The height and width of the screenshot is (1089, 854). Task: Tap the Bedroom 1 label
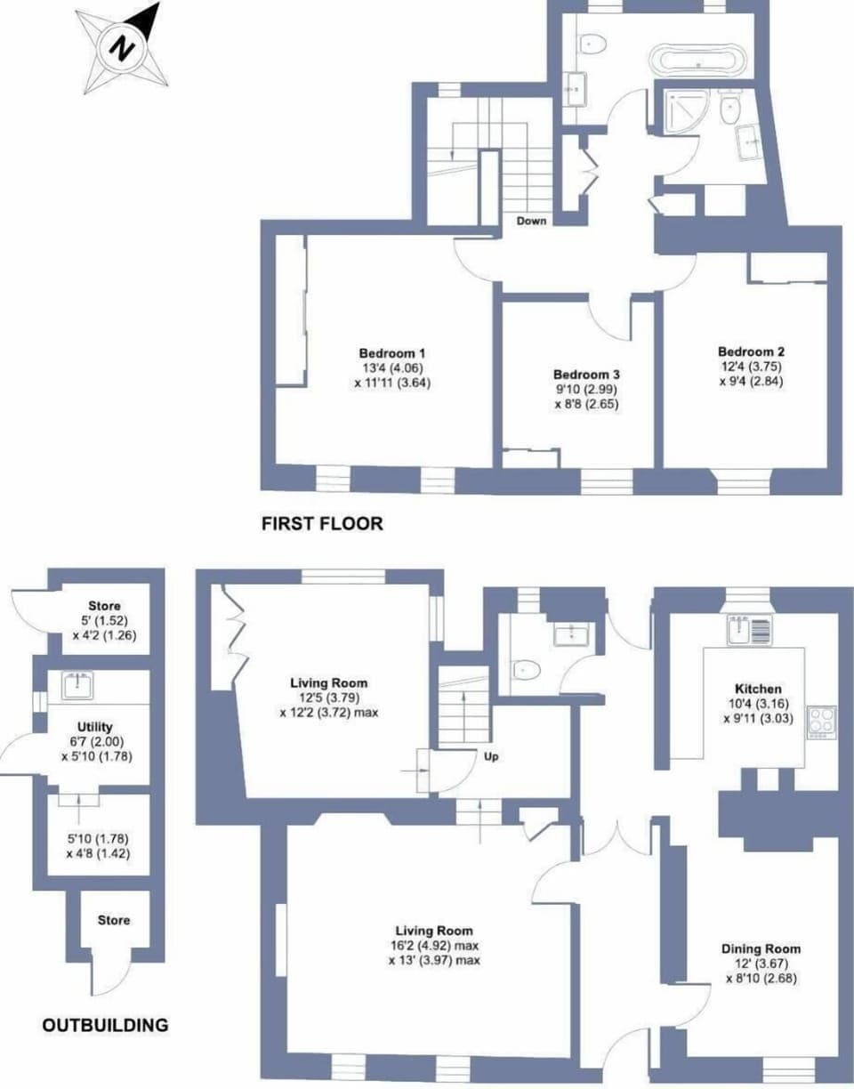tap(392, 351)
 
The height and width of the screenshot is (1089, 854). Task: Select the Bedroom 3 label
tap(585, 375)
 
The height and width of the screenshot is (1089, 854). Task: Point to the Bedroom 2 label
tap(752, 351)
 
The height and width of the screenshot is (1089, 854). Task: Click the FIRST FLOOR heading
tap(322, 523)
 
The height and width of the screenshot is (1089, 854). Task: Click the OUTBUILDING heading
tap(105, 1025)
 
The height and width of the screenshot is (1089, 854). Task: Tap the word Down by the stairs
tap(532, 221)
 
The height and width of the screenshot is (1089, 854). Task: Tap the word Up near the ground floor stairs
tap(490, 757)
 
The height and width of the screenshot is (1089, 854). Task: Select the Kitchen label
tap(758, 689)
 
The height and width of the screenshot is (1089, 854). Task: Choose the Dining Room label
tap(761, 948)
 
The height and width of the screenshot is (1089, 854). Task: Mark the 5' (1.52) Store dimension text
tap(104, 621)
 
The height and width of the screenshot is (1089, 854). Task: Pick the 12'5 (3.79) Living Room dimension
tap(328, 698)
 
